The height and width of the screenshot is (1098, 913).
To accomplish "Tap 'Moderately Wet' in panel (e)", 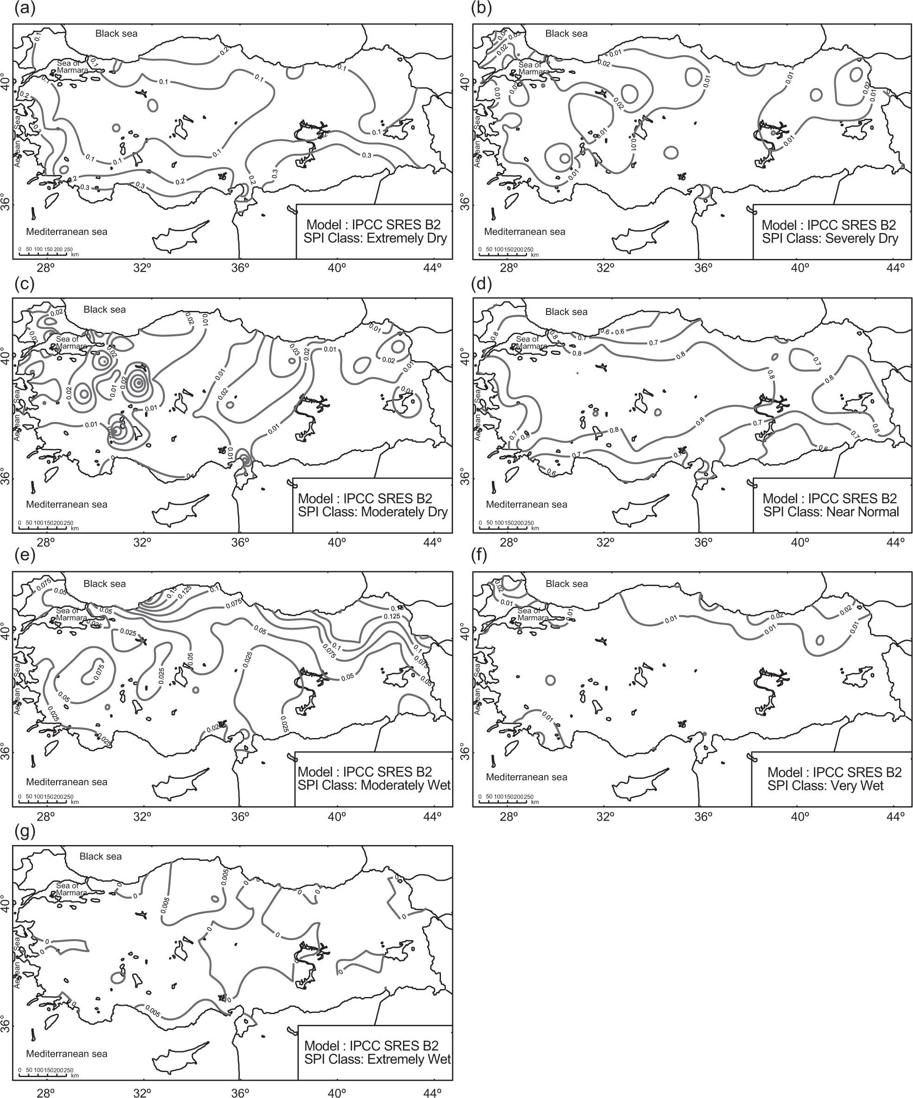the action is point(406,785).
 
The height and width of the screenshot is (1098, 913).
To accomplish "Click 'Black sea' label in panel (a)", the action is point(116,33).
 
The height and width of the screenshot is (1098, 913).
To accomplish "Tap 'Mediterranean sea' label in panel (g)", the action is point(66,1054).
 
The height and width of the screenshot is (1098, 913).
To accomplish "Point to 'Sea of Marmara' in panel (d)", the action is point(532,342).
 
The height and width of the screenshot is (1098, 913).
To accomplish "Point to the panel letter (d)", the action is point(479,284).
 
